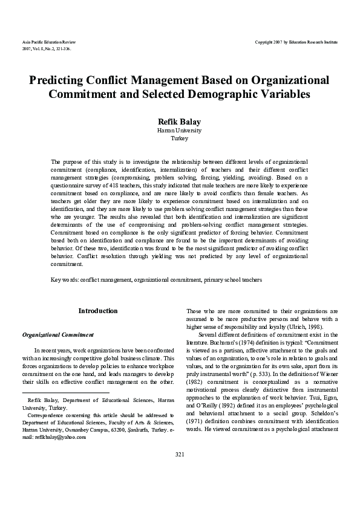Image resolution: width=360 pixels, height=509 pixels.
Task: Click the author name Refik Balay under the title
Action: click(x=179, y=121)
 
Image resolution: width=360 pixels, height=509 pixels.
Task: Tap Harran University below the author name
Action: click(x=179, y=130)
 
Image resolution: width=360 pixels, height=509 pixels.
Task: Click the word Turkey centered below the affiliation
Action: click(x=179, y=138)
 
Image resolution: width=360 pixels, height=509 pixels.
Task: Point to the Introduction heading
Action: click(x=98, y=311)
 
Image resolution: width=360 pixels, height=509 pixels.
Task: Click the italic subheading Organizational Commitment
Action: click(x=57, y=334)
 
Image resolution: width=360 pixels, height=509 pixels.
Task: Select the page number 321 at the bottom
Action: click(x=179, y=488)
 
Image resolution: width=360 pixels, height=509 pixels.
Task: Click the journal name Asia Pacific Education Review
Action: click(x=48, y=41)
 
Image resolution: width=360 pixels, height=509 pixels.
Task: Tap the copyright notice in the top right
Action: click(x=297, y=41)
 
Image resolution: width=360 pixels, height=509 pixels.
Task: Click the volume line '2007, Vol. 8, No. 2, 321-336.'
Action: click(x=47, y=48)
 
